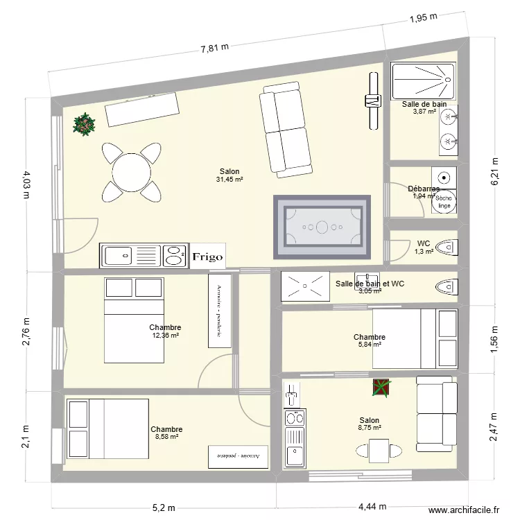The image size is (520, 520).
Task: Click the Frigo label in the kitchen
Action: pyautogui.click(x=208, y=257)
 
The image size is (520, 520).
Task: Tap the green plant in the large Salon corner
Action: pyautogui.click(x=85, y=125)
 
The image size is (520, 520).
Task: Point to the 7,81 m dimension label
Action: pyautogui.click(x=215, y=48)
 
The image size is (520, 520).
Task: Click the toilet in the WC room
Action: pyautogui.click(x=449, y=245)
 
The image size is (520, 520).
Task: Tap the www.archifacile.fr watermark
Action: pyautogui.click(x=464, y=510)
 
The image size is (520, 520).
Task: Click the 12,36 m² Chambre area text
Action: pyautogui.click(x=165, y=336)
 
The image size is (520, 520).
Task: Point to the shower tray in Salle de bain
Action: pyautogui.click(x=422, y=80)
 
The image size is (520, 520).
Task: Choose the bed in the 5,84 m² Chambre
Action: pyautogui.click(x=415, y=338)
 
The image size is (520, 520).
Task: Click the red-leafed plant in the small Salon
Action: pyautogui.click(x=380, y=388)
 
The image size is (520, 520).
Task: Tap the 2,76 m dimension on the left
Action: pyautogui.click(x=26, y=333)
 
